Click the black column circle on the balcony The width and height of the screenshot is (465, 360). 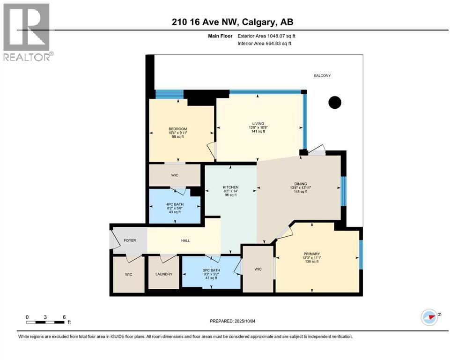pyautogui.click(x=334, y=102)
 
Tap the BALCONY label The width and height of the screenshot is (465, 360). pyautogui.click(x=322, y=75)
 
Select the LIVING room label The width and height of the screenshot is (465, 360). pyautogui.click(x=258, y=123)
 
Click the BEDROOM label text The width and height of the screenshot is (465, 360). pyautogui.click(x=177, y=129)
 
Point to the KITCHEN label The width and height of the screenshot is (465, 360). pyautogui.click(x=230, y=187)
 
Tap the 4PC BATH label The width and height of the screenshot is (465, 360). pyautogui.click(x=175, y=204)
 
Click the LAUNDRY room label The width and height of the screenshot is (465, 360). pyautogui.click(x=163, y=274)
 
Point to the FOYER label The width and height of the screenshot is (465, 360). pyautogui.click(x=130, y=240)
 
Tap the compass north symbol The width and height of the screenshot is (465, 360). pyautogui.click(x=429, y=317)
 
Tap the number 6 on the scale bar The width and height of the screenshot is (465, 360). pyautogui.click(x=63, y=317)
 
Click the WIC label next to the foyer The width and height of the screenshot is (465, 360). pyautogui.click(x=128, y=274)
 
